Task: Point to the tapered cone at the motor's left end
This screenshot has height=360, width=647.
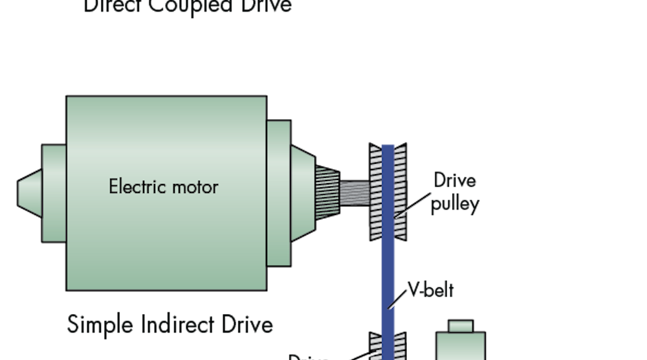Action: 30,192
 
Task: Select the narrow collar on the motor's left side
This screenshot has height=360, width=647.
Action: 54,193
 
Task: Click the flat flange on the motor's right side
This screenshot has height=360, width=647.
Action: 278,193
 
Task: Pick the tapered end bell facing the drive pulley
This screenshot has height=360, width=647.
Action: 302,192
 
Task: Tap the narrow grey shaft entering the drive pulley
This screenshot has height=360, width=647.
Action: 355,192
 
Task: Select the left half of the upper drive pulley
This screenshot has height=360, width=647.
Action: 375,192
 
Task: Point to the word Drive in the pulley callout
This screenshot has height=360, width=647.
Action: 454,181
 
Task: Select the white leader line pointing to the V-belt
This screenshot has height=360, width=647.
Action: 400,299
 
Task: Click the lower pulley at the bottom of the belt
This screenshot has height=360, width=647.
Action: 388,347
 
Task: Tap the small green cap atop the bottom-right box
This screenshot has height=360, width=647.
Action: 460,326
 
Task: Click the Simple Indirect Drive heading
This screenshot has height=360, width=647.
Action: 170,324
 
